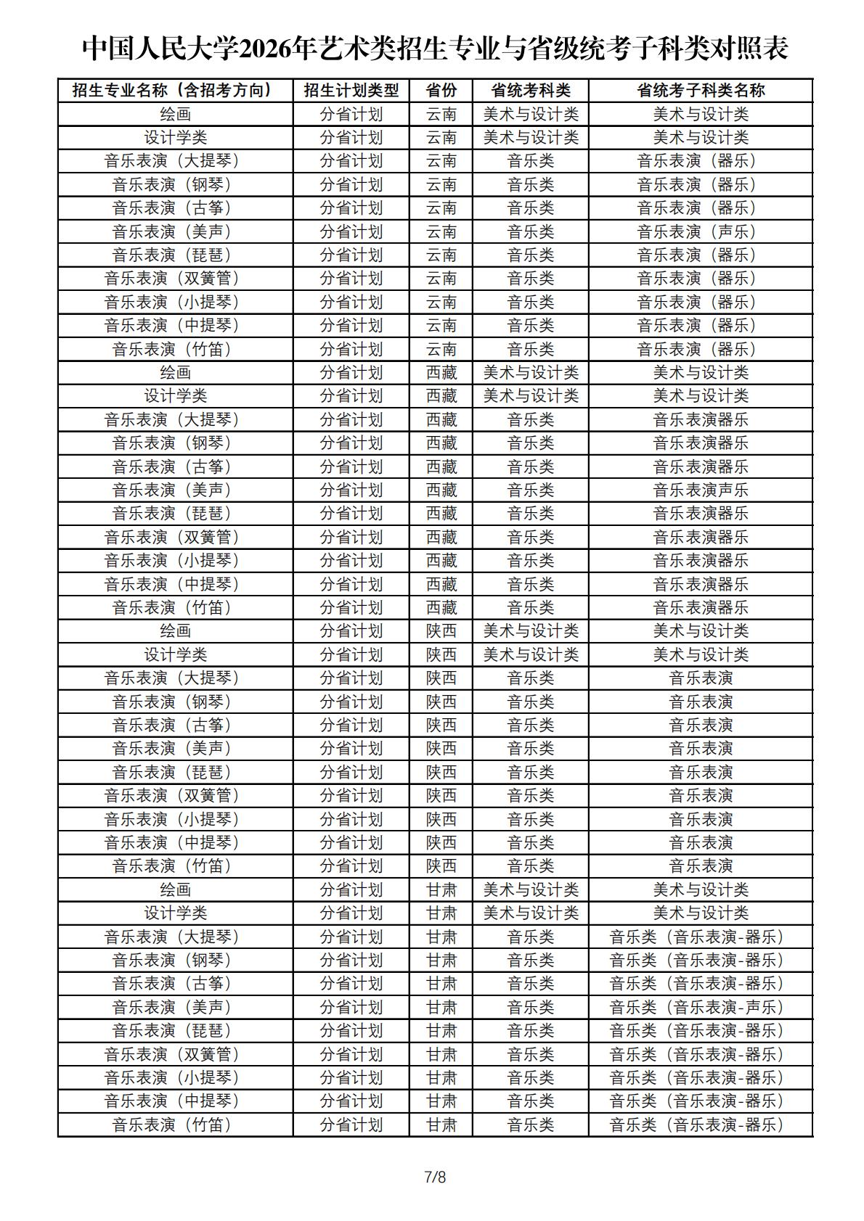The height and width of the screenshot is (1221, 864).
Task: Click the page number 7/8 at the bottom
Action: (x=435, y=1176)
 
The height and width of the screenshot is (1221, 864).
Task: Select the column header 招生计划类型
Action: (x=351, y=90)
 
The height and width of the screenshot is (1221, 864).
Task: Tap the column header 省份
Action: (x=441, y=90)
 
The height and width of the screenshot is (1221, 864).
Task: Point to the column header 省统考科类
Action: (x=531, y=90)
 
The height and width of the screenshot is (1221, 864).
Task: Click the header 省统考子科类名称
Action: (x=701, y=90)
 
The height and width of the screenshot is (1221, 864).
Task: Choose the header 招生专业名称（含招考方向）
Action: (x=175, y=90)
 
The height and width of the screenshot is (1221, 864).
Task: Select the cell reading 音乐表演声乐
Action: (x=701, y=490)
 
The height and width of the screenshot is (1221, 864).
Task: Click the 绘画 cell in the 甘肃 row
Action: (x=175, y=889)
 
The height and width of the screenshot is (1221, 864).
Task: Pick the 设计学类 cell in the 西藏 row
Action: (x=175, y=395)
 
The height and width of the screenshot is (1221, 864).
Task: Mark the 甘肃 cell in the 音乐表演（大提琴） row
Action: (x=441, y=937)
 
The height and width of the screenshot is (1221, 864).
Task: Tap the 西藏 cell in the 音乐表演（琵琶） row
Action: (x=441, y=513)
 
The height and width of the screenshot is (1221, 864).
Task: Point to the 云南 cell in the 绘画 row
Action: (x=441, y=114)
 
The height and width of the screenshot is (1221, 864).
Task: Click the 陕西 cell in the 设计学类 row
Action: (x=441, y=654)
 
